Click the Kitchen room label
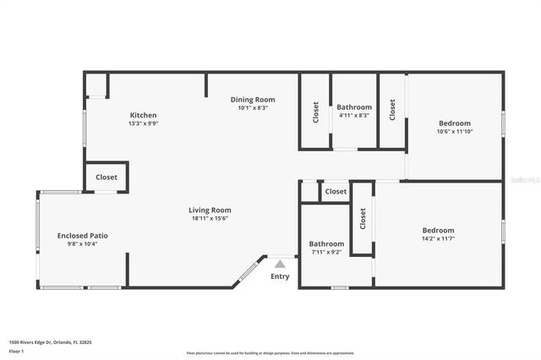coord(143,115)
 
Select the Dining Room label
coord(253,100)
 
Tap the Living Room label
coord(210,210)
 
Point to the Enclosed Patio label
coord(82,235)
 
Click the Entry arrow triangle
coord(280,264)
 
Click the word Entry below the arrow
coord(280,276)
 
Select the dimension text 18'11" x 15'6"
coord(210,219)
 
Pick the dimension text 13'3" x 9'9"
coord(143,123)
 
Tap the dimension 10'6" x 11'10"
coord(454,131)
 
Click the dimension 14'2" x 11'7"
coord(439,238)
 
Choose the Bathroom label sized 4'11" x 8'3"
coord(354,107)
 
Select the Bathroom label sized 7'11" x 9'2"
coord(326,243)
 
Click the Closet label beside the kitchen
coord(107,177)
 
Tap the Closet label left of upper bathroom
coord(316,112)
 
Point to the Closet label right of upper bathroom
coord(392,110)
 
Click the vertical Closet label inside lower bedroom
coord(363,220)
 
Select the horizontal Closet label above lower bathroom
coord(336,192)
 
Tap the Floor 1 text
coord(16,351)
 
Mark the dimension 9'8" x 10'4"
coord(82,243)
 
